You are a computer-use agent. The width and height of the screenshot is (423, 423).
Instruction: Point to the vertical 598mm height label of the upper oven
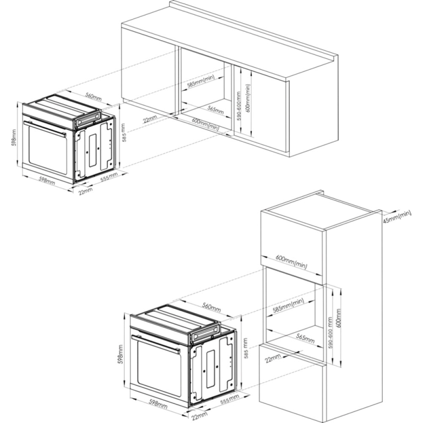point(14,137)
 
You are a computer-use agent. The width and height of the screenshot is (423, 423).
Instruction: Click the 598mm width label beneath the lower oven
point(158,403)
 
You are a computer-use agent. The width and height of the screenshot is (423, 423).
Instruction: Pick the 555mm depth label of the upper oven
point(109,177)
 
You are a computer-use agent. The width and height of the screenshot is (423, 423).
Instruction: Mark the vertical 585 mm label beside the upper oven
point(124,132)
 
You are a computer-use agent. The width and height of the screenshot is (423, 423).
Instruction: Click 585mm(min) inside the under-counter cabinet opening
point(201,81)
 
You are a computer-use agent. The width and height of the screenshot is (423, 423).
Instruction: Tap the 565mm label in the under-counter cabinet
point(216,110)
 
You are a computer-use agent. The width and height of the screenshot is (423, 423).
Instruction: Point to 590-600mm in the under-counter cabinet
point(238,106)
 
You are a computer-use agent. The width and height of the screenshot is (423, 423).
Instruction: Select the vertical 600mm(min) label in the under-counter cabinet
point(248,98)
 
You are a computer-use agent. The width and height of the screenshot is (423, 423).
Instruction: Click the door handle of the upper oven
point(45,129)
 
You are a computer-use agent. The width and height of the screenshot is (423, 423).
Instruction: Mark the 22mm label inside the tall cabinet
point(272,358)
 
